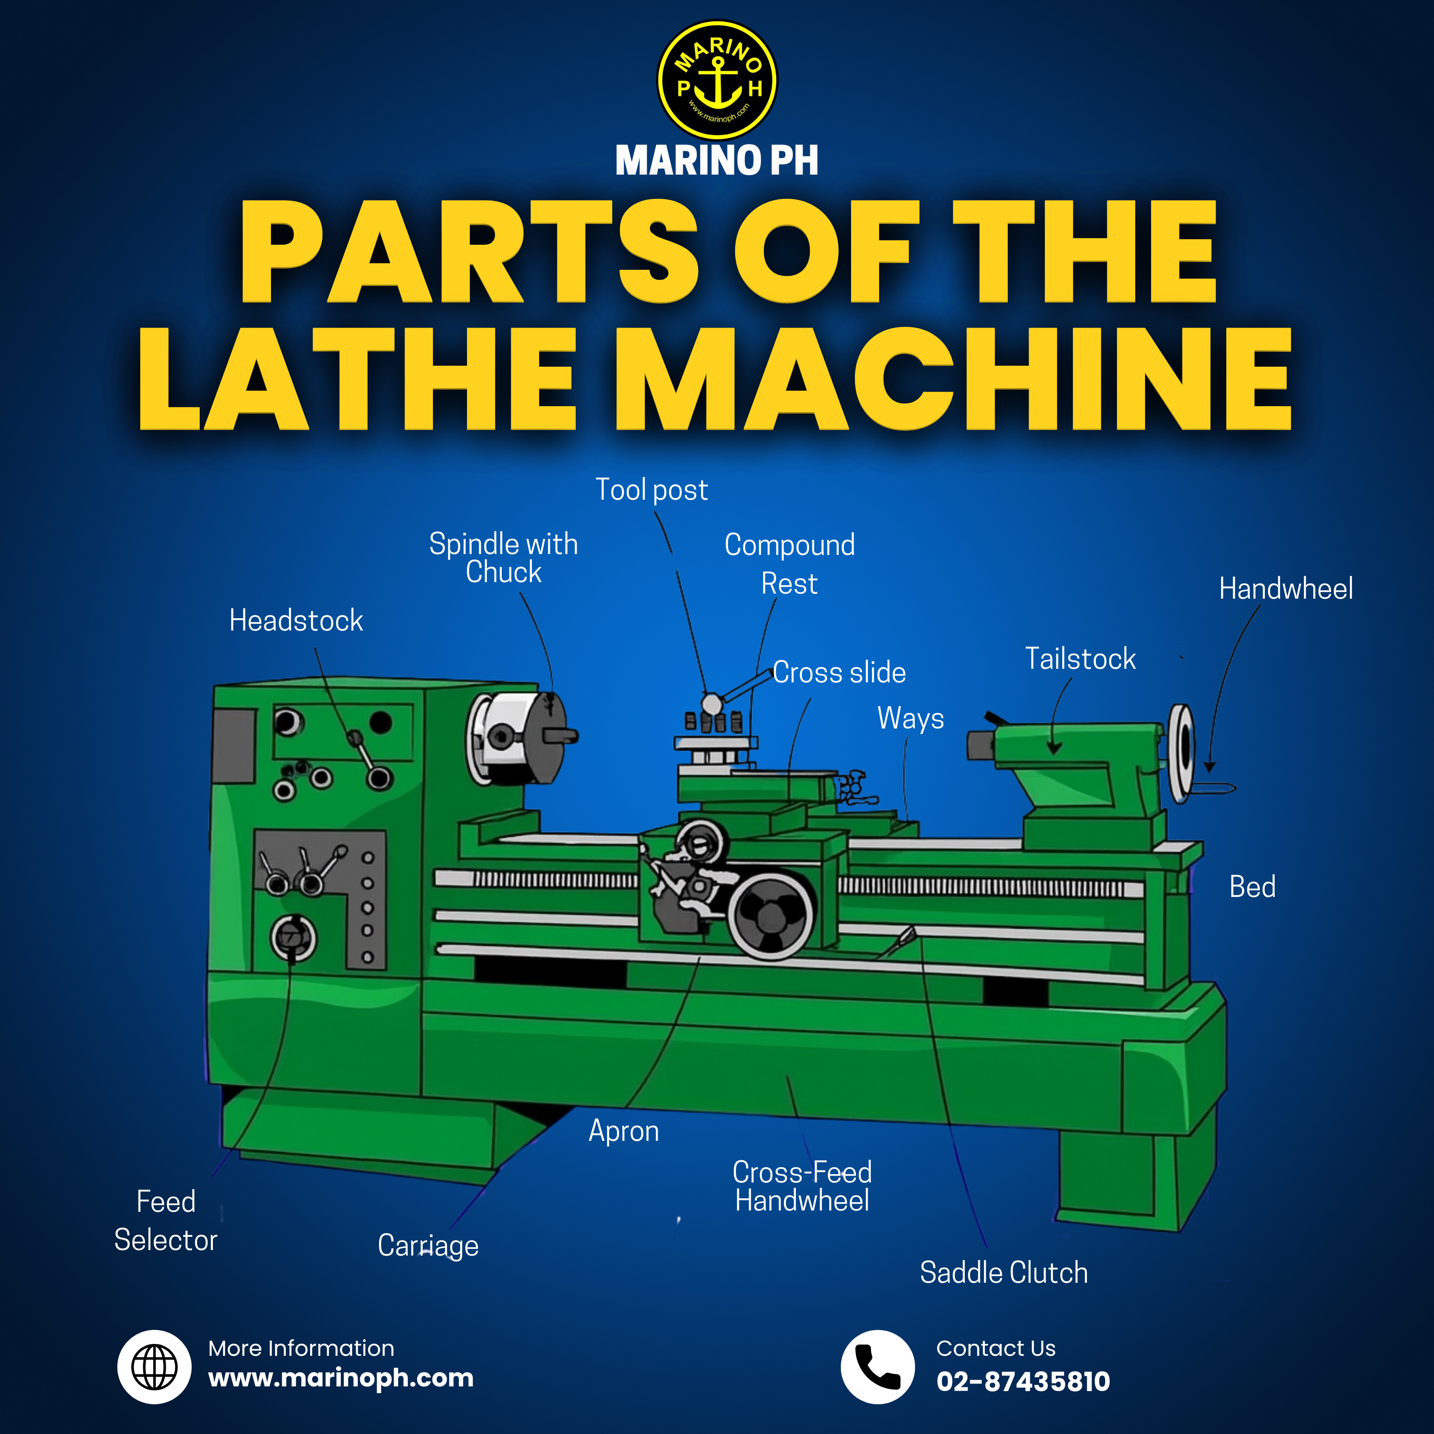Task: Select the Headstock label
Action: (x=296, y=620)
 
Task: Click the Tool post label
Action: (x=652, y=490)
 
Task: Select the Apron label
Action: (x=623, y=1131)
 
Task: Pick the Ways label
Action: (x=911, y=718)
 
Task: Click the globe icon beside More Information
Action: (x=154, y=1366)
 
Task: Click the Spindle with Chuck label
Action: (x=503, y=557)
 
